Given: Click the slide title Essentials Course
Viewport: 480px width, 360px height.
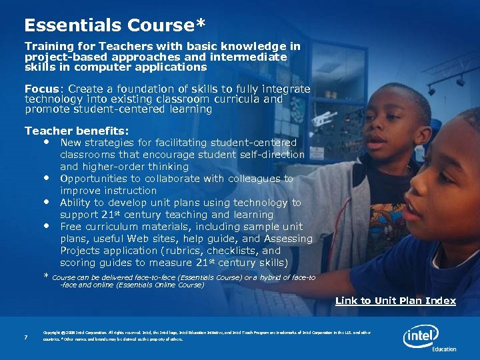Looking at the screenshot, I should tap(114, 25).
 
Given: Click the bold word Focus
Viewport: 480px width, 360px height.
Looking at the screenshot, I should tap(41, 89).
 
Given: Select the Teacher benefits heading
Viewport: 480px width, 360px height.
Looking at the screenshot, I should tap(77, 131).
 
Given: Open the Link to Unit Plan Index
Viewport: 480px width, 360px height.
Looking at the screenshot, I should tap(395, 301).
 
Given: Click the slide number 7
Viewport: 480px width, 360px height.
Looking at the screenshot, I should tap(25, 337).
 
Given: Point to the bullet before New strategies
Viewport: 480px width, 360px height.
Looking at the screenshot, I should tap(46, 142).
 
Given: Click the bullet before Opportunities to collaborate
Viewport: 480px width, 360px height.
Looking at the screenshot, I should tap(46, 178).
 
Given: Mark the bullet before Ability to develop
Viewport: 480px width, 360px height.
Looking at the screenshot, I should tap(46, 201).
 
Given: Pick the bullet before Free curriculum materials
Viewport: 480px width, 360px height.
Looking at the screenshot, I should tap(46, 225).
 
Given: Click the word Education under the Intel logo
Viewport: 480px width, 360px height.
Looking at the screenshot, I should tap(444, 349).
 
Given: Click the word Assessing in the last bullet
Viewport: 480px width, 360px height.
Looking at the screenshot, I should tap(288, 239).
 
